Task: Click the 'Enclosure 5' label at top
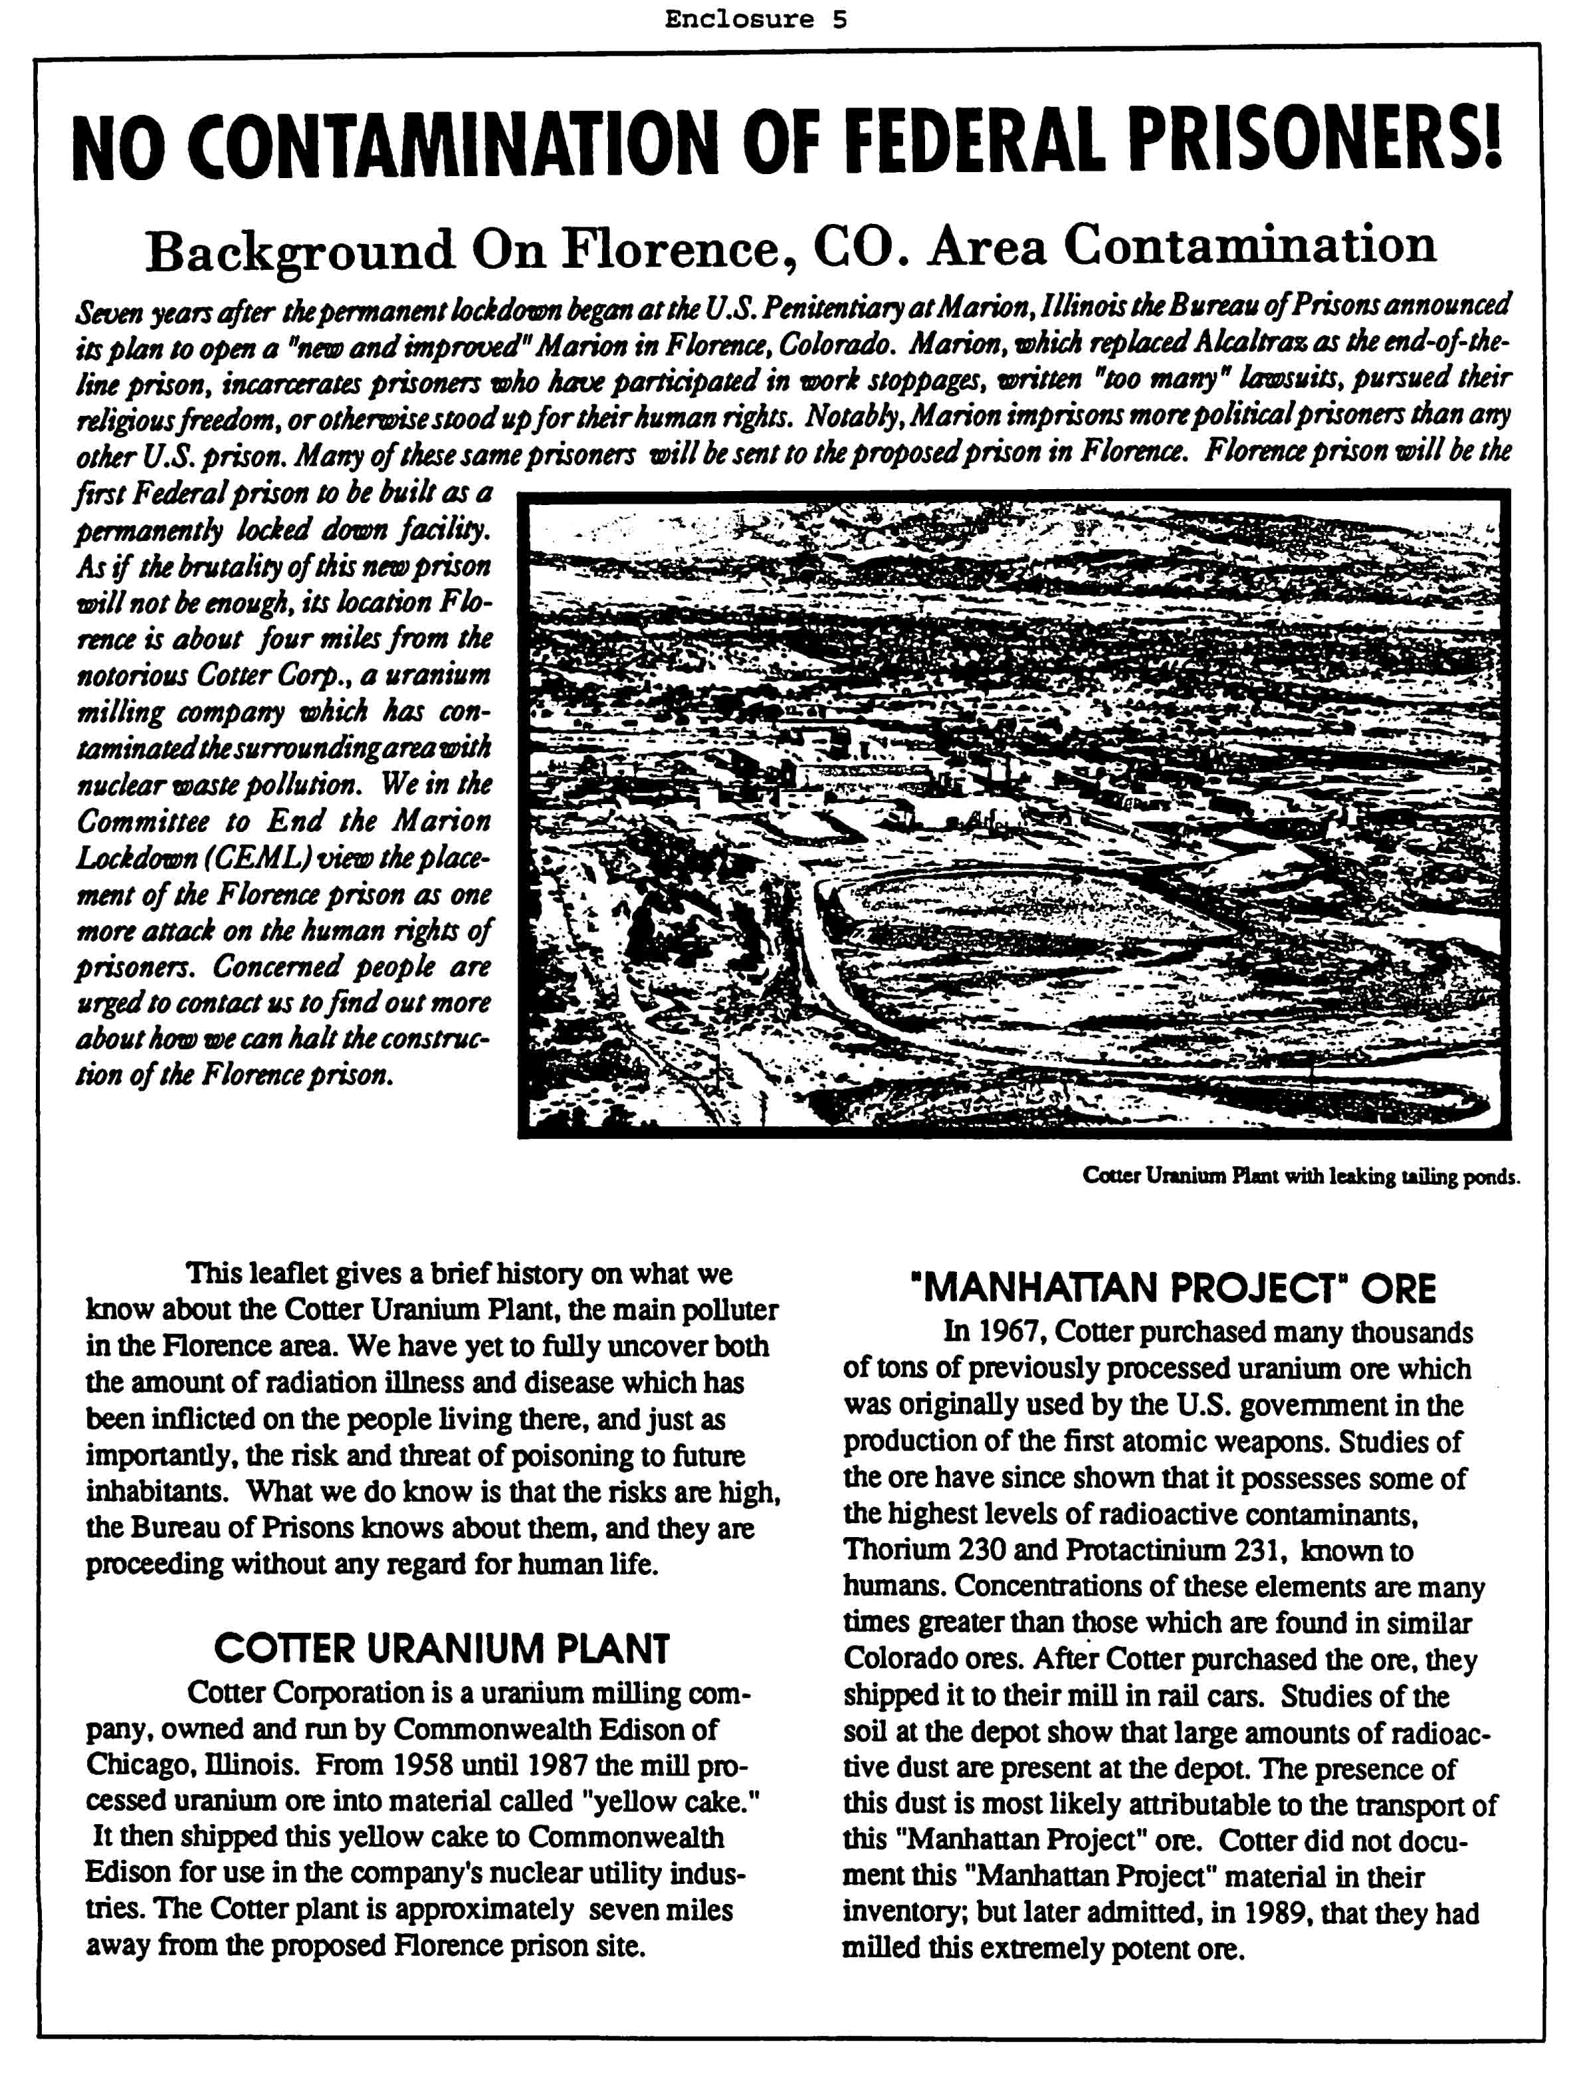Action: (x=756, y=20)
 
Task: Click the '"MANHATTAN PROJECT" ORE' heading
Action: (x=1174, y=1287)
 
